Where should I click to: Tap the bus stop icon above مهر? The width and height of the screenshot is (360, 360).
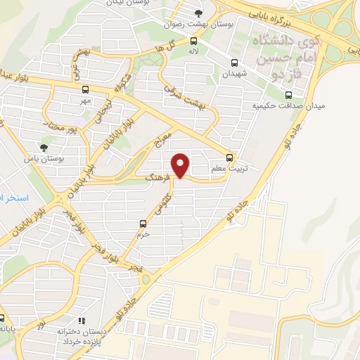(x=85, y=89)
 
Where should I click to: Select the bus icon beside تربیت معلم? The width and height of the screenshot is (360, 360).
(x=230, y=157)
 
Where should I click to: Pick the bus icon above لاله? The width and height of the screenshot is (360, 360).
(x=193, y=41)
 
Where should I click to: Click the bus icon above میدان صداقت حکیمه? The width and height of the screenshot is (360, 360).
(x=288, y=94)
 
